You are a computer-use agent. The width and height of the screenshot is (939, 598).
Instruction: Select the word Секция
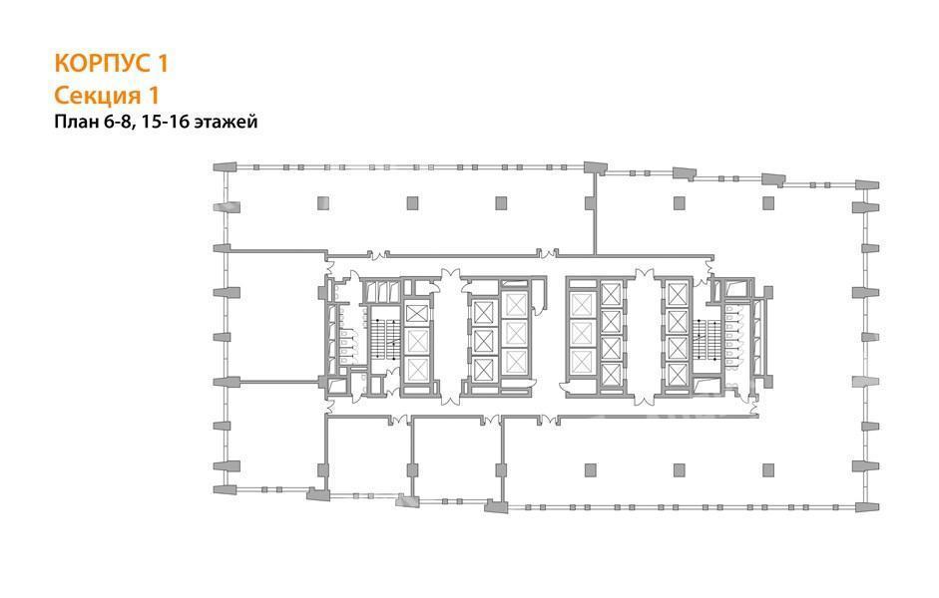(x=95, y=95)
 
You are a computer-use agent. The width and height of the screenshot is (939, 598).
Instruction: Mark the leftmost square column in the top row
(x=322, y=202)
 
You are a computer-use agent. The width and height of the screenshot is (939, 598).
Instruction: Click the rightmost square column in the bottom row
(x=768, y=469)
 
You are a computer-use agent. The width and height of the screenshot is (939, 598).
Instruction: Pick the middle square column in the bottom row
(x=680, y=469)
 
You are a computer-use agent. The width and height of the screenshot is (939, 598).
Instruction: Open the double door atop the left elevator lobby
(x=450, y=277)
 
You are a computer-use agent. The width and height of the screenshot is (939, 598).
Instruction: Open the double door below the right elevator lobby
(x=645, y=396)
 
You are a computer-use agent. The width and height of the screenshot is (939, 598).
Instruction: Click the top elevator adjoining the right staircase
(x=677, y=295)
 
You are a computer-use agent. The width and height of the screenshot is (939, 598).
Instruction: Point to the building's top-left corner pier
(x=226, y=166)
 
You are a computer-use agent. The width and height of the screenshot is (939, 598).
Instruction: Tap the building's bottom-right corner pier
(x=867, y=507)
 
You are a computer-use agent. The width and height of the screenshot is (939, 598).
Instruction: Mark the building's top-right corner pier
(x=867, y=184)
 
